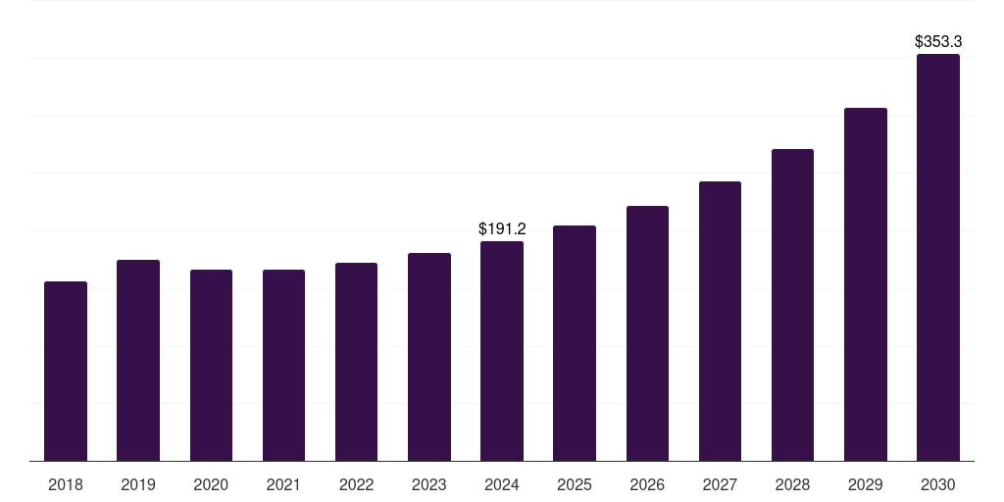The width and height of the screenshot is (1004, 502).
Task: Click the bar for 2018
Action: coord(66,372)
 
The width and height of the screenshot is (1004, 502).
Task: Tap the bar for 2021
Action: coord(283,366)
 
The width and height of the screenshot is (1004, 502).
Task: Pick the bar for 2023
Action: coord(429,357)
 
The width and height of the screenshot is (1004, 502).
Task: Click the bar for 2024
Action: coord(502,351)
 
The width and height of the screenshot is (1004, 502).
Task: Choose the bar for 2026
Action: coord(647,333)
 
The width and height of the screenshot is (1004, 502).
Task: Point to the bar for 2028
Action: coord(792,305)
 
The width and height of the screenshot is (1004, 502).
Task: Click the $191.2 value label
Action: coord(502,228)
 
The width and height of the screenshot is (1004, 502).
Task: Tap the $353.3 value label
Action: coord(938,41)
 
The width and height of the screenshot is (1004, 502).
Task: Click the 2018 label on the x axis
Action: coord(66,484)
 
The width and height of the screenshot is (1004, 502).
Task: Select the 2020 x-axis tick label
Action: coord(211,484)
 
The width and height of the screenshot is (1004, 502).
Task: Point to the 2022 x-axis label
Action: coord(356,484)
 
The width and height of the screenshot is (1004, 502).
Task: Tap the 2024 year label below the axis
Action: coord(502,484)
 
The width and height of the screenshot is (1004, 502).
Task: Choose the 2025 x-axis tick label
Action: coord(575,484)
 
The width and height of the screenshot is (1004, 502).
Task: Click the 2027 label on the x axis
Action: coord(720,484)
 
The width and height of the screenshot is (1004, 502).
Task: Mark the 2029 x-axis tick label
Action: coord(866,484)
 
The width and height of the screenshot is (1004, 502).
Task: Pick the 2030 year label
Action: coord(938,484)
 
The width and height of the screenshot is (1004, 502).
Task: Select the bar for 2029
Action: coord(866,284)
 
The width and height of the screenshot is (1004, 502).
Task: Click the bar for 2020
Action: coord(211,366)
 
